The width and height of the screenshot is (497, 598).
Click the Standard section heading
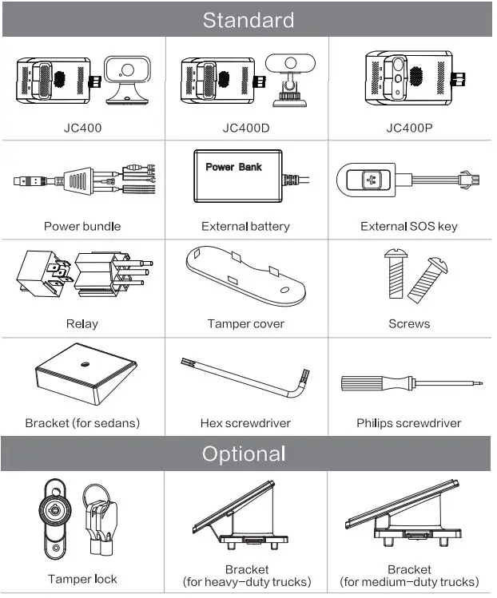click(248, 20)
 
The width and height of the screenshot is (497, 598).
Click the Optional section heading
click(244, 454)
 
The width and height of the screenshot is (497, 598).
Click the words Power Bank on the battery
click(233, 167)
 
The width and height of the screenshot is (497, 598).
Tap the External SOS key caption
click(409, 226)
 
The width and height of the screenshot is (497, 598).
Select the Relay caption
click(82, 323)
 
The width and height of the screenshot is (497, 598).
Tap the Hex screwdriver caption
click(245, 423)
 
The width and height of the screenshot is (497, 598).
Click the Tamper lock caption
click(82, 579)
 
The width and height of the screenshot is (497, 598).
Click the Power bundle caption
click(82, 226)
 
